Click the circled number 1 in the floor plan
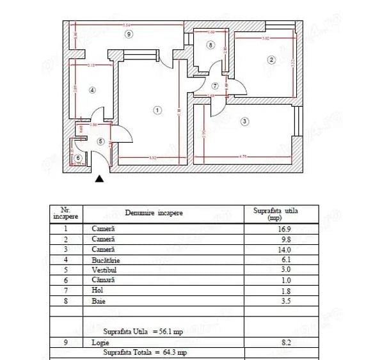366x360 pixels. pyautogui.click(x=158, y=110)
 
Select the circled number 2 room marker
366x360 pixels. pyautogui.click(x=271, y=60)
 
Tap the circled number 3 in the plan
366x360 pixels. pyautogui.click(x=245, y=121)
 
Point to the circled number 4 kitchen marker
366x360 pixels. pyautogui.click(x=92, y=90)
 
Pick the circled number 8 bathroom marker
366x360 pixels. pyautogui.click(x=211, y=45)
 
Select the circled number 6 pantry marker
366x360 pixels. pyautogui.click(x=78, y=158)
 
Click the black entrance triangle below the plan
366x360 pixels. pyautogui.click(x=99, y=180)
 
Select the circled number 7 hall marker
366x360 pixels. pyautogui.click(x=215, y=86)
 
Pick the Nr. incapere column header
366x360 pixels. pyautogui.click(x=65, y=213)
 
